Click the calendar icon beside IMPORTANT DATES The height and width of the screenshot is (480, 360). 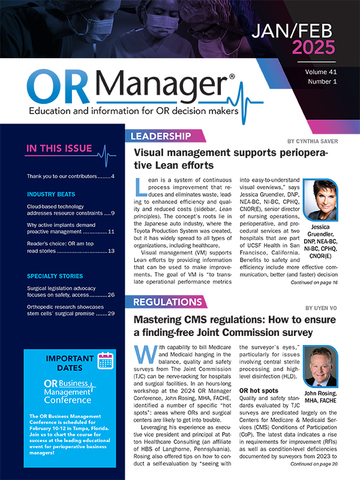click(106, 360)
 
